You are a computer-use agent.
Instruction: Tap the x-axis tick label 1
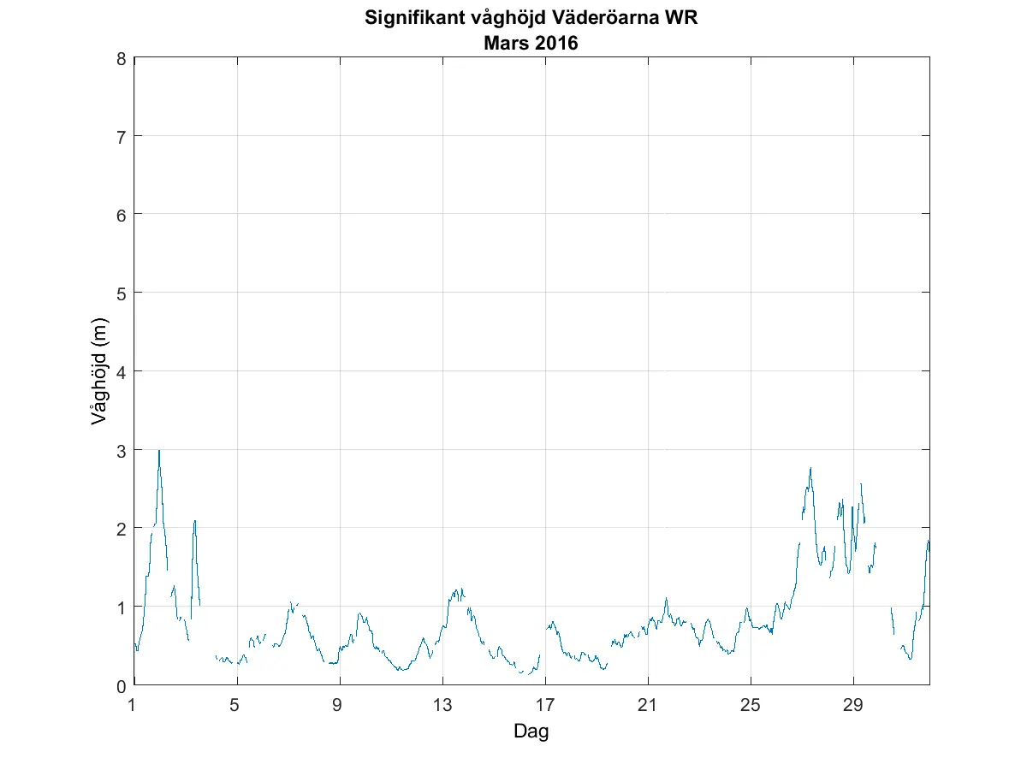click(133, 706)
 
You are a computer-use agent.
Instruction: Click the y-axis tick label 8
click(122, 58)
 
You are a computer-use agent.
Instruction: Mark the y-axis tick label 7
click(122, 136)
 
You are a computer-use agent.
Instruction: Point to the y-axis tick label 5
click(122, 293)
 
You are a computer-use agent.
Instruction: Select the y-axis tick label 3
click(122, 450)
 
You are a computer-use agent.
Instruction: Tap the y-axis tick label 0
click(122, 685)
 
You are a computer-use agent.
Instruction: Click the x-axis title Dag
click(531, 731)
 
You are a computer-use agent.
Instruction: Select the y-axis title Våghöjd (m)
click(99, 371)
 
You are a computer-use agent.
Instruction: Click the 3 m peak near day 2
click(159, 450)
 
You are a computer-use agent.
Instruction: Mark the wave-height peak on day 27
click(810, 468)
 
